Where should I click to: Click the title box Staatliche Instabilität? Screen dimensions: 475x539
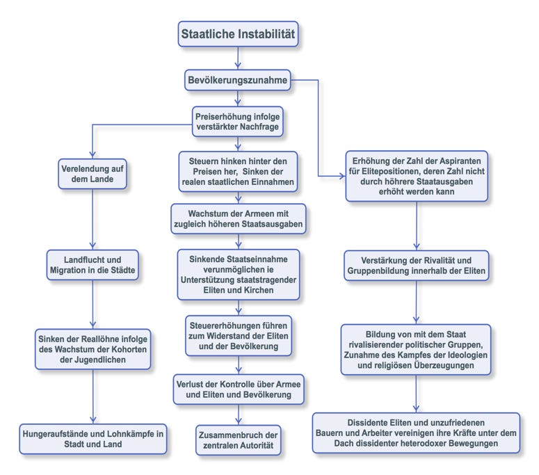238,33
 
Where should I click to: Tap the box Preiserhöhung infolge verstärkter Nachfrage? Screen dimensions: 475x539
238,119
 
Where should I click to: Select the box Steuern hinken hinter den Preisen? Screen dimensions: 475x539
238,170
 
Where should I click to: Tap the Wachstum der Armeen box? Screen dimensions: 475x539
238,217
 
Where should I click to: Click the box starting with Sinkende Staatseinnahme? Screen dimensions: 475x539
238,275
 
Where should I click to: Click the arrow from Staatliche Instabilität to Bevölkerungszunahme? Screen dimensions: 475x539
238,57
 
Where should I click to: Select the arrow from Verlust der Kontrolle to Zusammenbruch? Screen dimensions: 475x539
238,414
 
